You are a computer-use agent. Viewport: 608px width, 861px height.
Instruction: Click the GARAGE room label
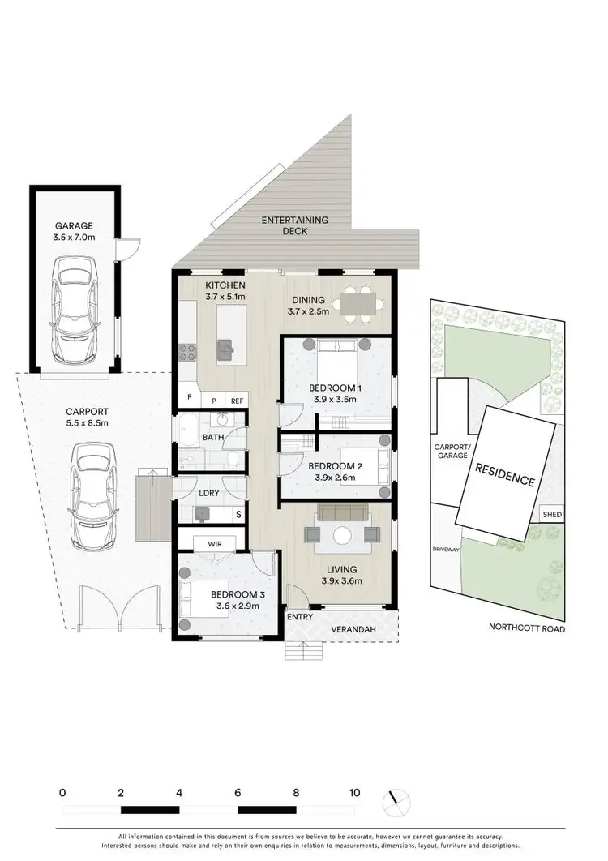click(x=74, y=226)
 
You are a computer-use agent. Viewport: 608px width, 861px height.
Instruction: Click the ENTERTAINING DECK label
click(x=294, y=225)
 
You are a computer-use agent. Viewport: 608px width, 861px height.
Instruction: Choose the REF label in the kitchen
click(x=237, y=401)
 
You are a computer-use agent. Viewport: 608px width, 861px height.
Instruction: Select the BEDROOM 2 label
click(x=334, y=466)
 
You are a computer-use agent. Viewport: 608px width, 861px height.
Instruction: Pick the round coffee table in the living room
click(x=341, y=535)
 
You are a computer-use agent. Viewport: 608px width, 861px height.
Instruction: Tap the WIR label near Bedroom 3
click(x=215, y=543)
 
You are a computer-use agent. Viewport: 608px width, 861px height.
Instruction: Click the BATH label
click(x=212, y=437)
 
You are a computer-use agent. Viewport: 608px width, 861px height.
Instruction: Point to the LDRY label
click(x=208, y=493)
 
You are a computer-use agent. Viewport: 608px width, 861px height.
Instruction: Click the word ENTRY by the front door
click(x=300, y=617)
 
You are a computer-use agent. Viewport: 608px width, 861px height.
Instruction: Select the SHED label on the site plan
click(x=552, y=515)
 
